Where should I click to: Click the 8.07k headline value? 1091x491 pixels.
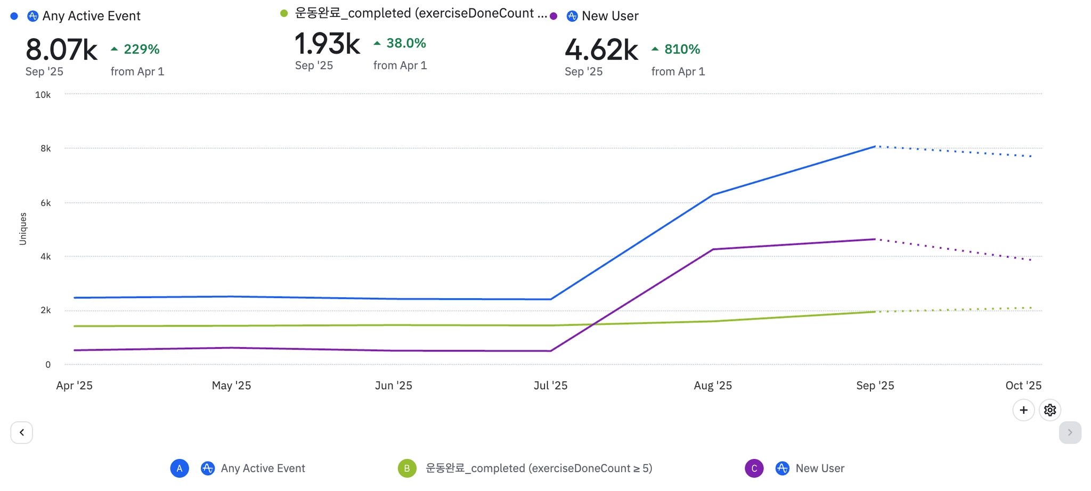(61, 50)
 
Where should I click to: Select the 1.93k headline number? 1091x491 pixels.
(327, 44)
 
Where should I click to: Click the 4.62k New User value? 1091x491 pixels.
(601, 50)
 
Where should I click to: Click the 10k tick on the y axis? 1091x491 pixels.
(43, 95)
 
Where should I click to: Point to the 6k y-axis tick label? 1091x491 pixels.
(45, 203)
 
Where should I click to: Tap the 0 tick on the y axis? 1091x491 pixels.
(48, 365)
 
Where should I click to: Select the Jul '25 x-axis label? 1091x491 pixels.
(550, 386)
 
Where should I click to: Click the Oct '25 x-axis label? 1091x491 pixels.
(1023, 386)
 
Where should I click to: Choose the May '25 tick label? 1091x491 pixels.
(231, 386)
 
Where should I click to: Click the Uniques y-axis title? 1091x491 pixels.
(23, 229)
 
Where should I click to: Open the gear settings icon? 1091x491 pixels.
(1049, 410)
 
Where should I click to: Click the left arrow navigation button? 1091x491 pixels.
(22, 432)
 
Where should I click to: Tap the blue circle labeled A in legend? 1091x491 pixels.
(180, 468)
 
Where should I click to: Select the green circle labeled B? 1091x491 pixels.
(407, 468)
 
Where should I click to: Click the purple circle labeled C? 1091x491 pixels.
(754, 468)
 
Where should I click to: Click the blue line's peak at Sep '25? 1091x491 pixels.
(875, 146)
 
